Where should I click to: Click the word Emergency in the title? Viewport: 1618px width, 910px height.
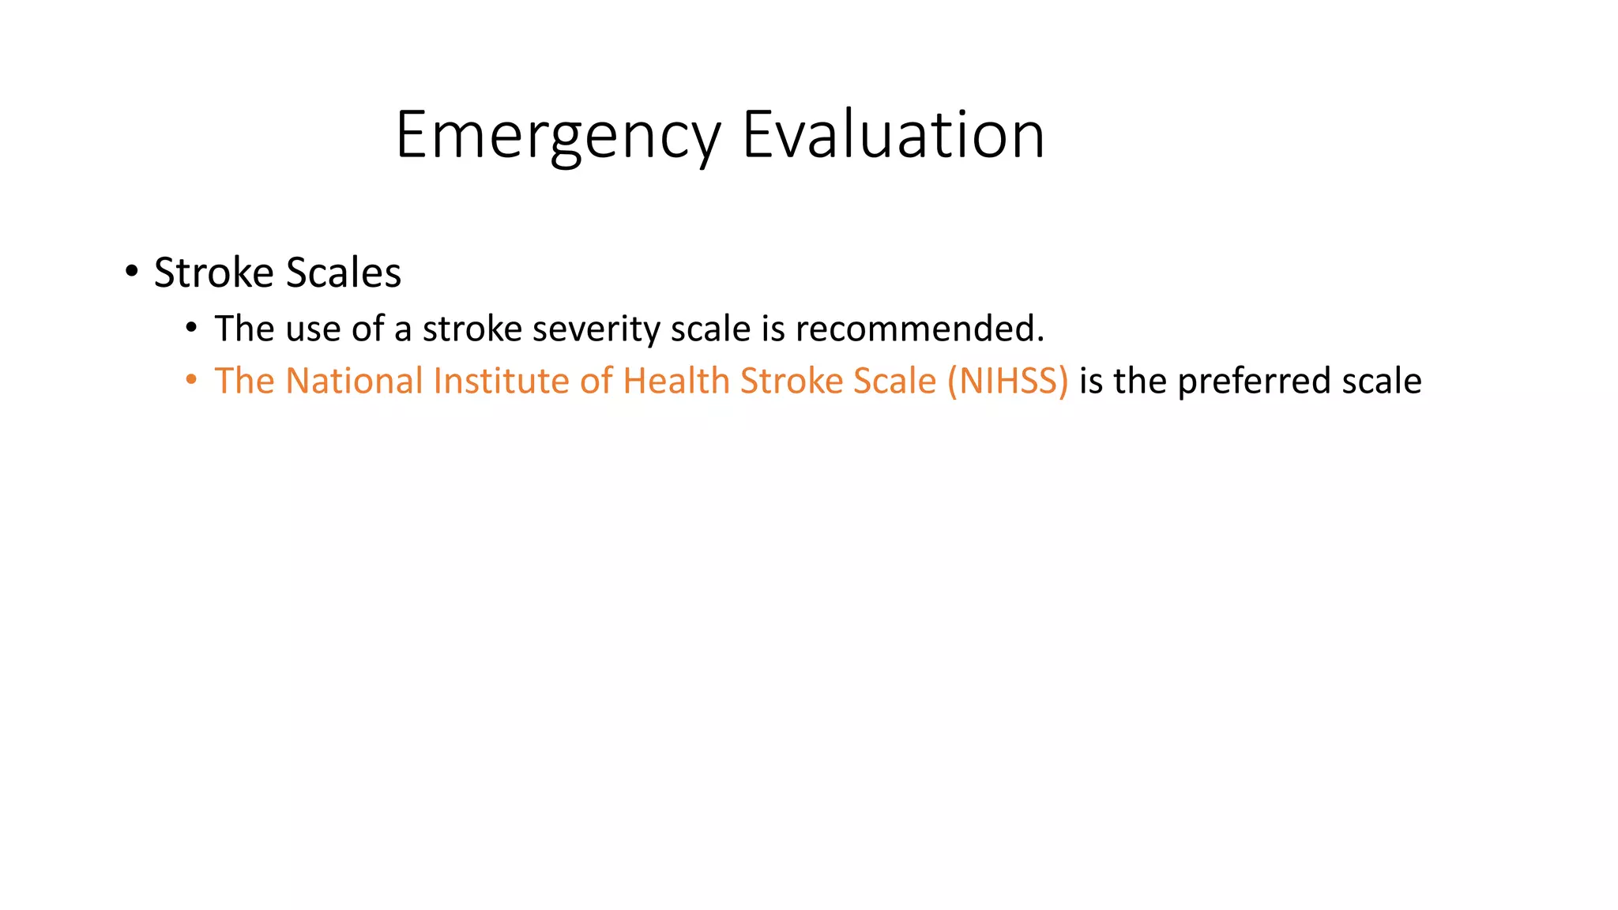tap(558, 136)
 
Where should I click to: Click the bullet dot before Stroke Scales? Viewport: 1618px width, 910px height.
tap(131, 272)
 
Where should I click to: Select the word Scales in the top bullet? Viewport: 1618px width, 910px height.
tap(343, 273)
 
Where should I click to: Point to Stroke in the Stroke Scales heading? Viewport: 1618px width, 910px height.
tap(213, 273)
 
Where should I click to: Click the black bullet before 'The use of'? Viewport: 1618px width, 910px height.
tap(191, 328)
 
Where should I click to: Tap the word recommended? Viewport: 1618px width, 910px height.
tap(920, 329)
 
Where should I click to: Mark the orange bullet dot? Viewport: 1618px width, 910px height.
tap(191, 380)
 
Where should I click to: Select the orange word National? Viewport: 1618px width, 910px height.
tap(354, 381)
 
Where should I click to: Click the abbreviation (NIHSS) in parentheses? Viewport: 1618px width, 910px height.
tap(1008, 381)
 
